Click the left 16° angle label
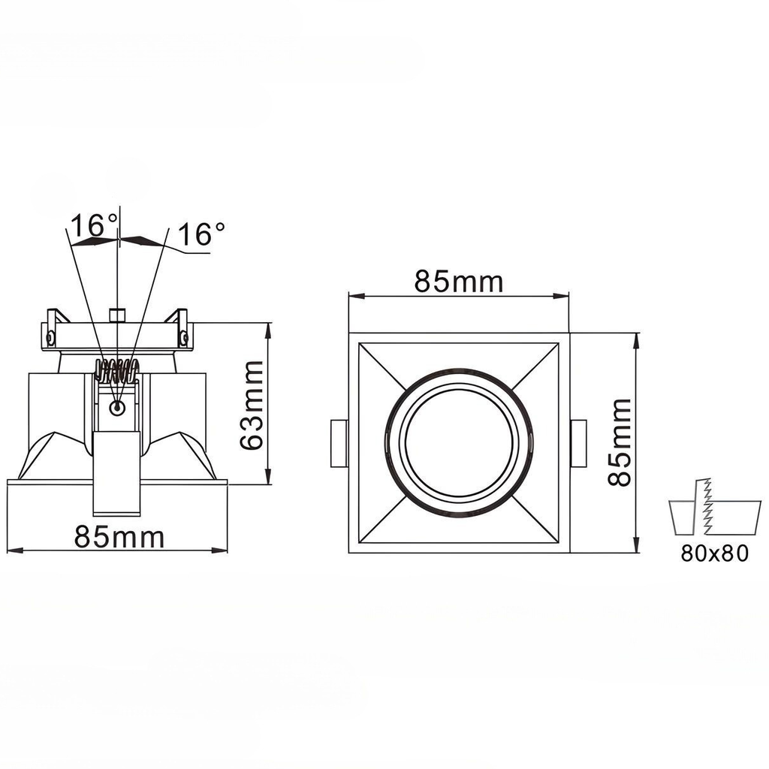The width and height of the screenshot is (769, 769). click(x=93, y=225)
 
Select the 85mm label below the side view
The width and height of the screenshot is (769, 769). click(x=119, y=537)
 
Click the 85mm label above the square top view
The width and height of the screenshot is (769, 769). click(x=458, y=282)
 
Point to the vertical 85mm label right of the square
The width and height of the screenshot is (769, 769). click(x=620, y=442)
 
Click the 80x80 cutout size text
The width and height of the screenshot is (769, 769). click(x=715, y=554)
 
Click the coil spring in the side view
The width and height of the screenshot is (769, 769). click(x=116, y=371)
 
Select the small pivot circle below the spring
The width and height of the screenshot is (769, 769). click(x=116, y=408)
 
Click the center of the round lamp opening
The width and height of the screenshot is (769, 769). click(x=459, y=442)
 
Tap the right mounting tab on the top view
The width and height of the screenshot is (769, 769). click(x=579, y=443)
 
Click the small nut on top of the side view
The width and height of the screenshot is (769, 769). click(x=116, y=314)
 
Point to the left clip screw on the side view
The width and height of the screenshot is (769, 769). click(x=50, y=336)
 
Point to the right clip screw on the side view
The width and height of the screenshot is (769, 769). click(x=183, y=336)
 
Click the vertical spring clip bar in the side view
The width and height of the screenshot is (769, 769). click(x=116, y=473)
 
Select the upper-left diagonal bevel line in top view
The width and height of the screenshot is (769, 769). click(x=385, y=369)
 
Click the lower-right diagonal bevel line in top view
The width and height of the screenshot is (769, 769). click(x=535, y=517)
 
